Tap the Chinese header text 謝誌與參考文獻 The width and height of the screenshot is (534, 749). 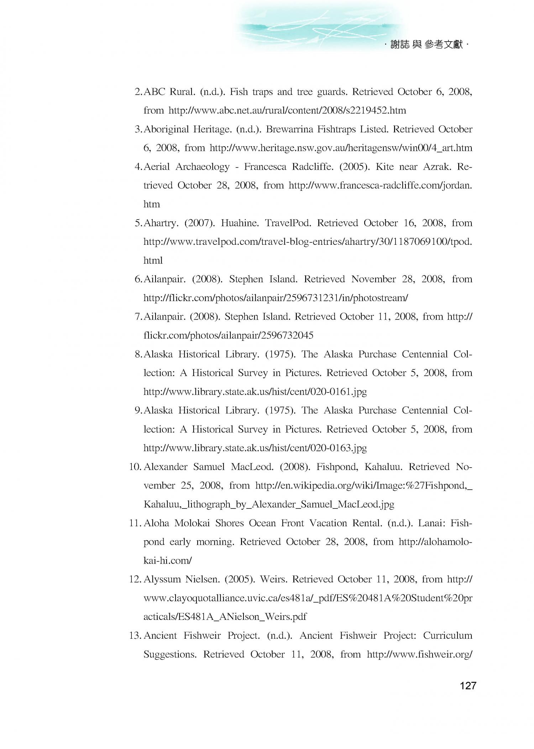coord(426,45)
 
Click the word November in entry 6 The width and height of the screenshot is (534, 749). coord(373,279)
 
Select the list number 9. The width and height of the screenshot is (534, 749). coord(138,411)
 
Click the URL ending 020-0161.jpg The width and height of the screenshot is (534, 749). coord(255,392)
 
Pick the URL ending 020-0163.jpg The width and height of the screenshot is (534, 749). coord(255,448)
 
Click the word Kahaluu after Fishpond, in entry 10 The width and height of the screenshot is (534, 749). coord(383,467)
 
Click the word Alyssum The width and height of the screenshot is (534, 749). coord(162,579)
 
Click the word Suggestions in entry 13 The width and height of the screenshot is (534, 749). coord(170,654)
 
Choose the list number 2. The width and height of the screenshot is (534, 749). coord(138,92)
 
